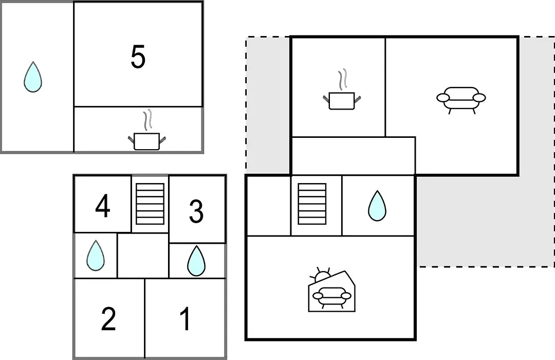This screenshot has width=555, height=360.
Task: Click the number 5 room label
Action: pos(138,57)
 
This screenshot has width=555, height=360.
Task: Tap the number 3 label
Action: pos(196,211)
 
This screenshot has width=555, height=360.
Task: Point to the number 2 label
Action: pos(108,319)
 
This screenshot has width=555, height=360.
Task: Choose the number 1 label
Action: pos(185,319)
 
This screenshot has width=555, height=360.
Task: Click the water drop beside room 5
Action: pos(33,77)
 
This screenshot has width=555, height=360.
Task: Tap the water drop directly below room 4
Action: pos(96,256)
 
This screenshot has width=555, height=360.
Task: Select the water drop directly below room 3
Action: pos(196,261)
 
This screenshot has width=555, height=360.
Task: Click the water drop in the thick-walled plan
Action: pos(377,206)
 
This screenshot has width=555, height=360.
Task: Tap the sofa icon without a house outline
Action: pos(461,100)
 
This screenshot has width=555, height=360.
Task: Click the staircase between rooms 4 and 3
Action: pos(150,204)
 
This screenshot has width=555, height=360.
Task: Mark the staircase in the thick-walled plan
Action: pos(312,204)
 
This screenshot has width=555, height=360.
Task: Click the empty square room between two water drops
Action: pos(143,256)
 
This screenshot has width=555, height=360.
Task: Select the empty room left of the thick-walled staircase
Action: pos(269,205)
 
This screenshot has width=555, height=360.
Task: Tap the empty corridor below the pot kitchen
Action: pos(353,155)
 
